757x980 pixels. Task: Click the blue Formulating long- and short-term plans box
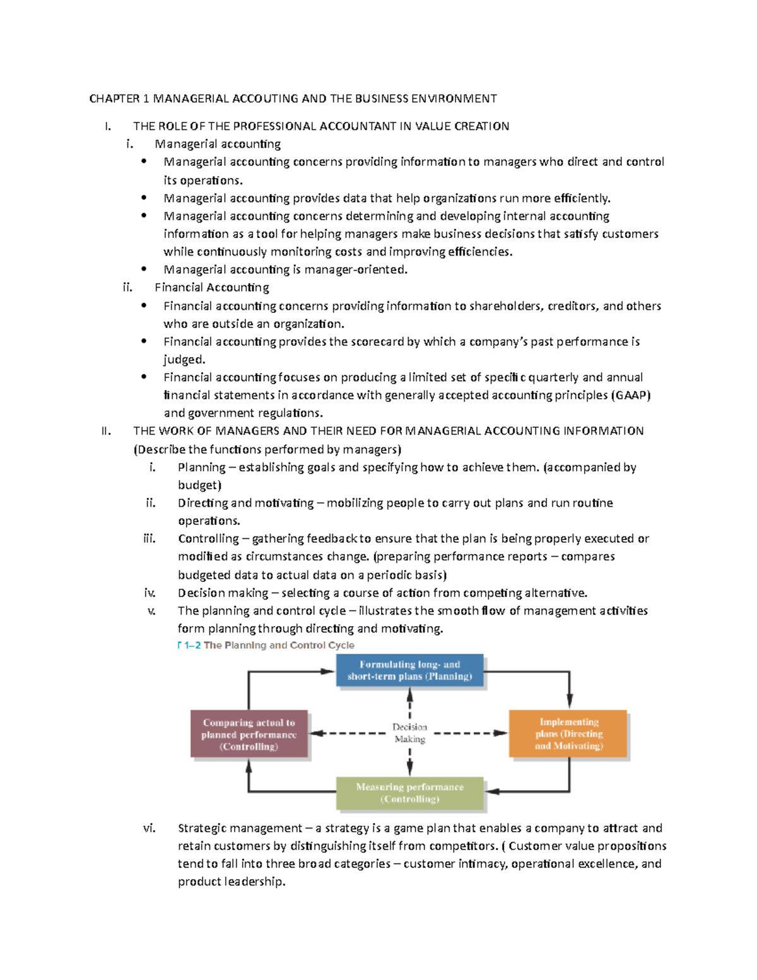point(409,670)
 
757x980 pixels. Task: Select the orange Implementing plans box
point(568,733)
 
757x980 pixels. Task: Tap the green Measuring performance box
point(409,793)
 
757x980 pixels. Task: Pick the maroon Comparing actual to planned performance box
point(249,735)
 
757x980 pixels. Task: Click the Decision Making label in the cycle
point(409,733)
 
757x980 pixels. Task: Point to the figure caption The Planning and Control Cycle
point(279,645)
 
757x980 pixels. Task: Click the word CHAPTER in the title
point(114,98)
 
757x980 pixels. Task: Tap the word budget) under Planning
point(199,485)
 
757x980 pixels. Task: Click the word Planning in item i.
point(201,468)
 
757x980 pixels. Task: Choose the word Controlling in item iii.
point(208,539)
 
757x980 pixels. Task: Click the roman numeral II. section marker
point(106,431)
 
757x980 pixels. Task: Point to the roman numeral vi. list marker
point(150,828)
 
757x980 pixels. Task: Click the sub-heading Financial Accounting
point(212,288)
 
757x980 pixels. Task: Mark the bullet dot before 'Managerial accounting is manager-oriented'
point(144,269)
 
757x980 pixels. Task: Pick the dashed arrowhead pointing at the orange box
point(501,733)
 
